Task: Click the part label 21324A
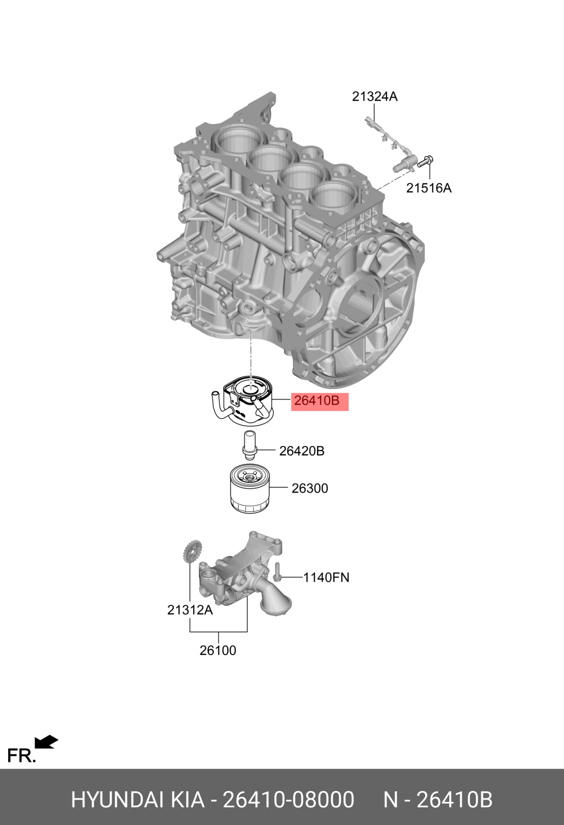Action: click(x=375, y=97)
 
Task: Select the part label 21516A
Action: click(x=429, y=188)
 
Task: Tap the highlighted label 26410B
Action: click(x=317, y=401)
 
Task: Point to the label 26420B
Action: click(x=302, y=451)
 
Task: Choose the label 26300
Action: click(x=310, y=489)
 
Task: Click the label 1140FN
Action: click(x=326, y=577)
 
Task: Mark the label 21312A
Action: click(x=190, y=610)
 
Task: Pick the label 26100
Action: click(x=218, y=651)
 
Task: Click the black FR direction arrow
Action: click(x=46, y=742)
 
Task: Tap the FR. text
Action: click(x=21, y=756)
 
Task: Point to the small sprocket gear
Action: click(x=192, y=552)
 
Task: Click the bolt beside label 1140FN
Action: click(x=277, y=572)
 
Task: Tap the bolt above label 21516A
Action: click(x=425, y=162)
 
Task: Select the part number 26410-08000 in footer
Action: click(x=289, y=800)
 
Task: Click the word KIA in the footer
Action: click(x=188, y=800)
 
